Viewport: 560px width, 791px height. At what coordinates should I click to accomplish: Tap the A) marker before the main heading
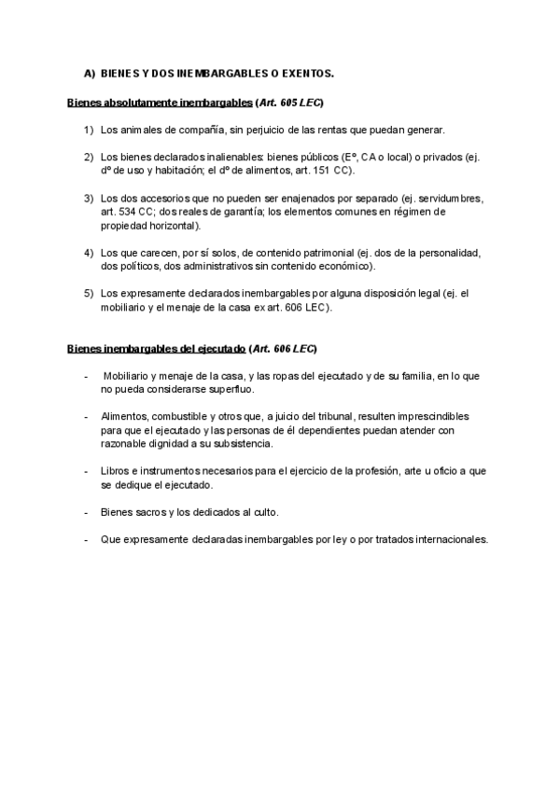(x=90, y=72)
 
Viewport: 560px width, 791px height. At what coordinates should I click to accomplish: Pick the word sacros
(x=145, y=512)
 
